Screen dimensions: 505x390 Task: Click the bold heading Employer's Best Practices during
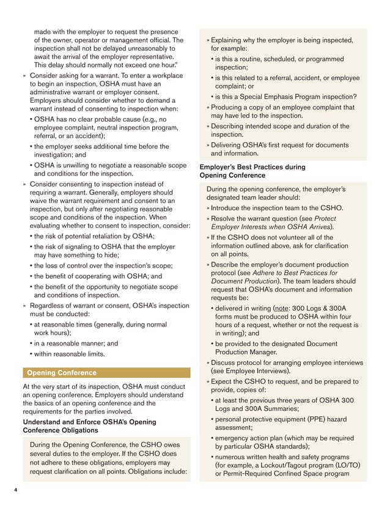coord(252,166)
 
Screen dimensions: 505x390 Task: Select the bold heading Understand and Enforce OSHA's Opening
coord(89,421)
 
